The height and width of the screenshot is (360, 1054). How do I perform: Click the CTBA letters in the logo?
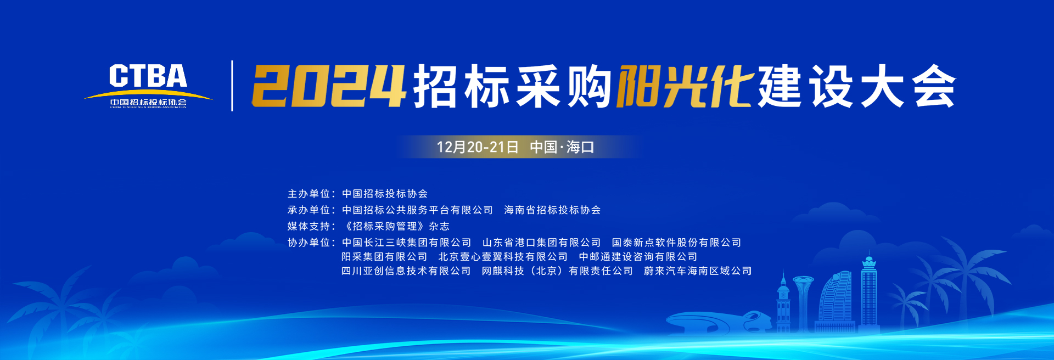point(148,76)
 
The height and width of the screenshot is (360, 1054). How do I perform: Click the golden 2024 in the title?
point(328,86)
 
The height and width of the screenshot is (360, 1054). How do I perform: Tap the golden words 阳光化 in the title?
point(685,86)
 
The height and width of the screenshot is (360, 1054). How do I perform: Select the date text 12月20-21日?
point(478,147)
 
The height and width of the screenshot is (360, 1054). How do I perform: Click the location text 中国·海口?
point(562,147)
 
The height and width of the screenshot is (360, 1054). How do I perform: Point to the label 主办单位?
point(309,194)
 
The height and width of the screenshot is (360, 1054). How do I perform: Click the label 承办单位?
point(309,210)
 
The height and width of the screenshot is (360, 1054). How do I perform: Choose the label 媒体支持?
point(309,226)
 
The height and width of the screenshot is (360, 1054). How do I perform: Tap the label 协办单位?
point(309,243)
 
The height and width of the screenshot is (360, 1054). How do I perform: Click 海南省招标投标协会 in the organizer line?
point(552,210)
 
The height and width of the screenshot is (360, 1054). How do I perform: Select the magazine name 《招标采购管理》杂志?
point(396,226)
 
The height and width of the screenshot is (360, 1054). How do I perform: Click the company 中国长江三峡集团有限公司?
point(406,243)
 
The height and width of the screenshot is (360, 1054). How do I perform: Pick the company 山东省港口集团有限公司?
point(542,243)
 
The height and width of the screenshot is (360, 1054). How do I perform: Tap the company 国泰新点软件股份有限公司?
point(676,243)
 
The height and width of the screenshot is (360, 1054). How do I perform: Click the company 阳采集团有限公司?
point(384,257)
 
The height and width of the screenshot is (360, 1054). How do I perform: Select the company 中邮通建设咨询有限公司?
point(638,257)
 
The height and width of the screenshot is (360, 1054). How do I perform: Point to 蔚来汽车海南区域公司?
point(698,271)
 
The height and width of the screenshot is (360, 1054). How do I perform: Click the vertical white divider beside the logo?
point(232,86)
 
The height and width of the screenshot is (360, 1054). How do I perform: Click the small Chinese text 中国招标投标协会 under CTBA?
point(148,102)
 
